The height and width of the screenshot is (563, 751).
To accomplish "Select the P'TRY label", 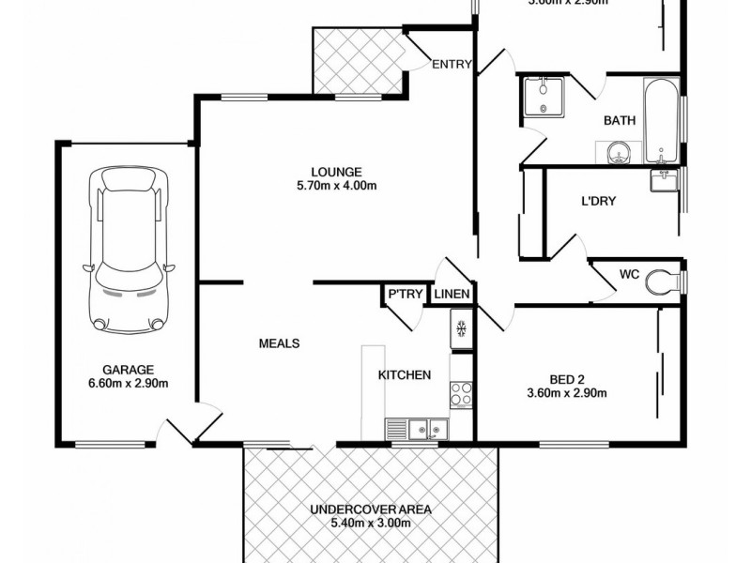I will click(x=403, y=295).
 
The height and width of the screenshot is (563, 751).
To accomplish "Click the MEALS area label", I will click(x=279, y=343).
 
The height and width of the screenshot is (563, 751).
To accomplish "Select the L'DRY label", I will click(x=599, y=201).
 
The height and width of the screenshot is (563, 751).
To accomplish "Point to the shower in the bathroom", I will click(x=544, y=98).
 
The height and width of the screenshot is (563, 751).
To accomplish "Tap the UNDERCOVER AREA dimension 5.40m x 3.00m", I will click(x=371, y=523).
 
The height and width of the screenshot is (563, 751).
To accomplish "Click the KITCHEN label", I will click(x=405, y=375).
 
